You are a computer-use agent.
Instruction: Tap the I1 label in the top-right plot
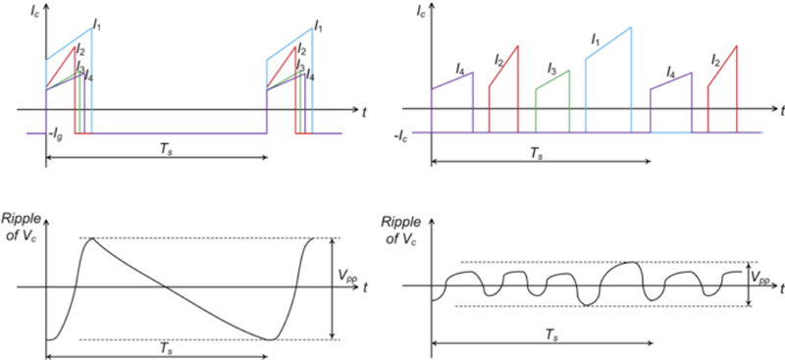(x=596, y=39)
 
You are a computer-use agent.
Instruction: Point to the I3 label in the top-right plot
(x=553, y=72)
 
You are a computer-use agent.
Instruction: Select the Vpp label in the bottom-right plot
(x=762, y=279)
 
